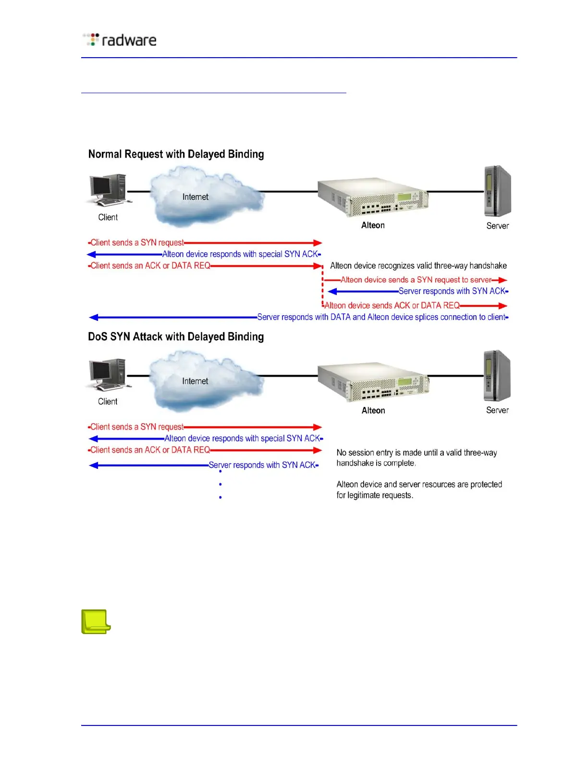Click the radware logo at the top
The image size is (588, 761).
[120, 40]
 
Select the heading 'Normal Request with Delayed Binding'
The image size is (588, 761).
[176, 154]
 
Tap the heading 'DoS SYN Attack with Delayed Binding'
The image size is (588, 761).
[176, 337]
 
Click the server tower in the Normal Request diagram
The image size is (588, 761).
[497, 191]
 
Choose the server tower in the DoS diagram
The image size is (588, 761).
[497, 376]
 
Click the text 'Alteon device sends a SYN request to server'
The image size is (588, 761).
[416, 280]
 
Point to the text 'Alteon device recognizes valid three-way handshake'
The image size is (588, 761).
[418, 266]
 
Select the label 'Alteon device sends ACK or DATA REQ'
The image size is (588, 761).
[392, 306]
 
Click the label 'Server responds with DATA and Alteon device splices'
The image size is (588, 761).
[381, 317]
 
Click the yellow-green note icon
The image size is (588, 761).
[96, 622]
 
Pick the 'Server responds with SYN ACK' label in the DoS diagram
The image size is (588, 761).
[262, 465]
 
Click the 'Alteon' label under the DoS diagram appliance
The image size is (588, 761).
[373, 410]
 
